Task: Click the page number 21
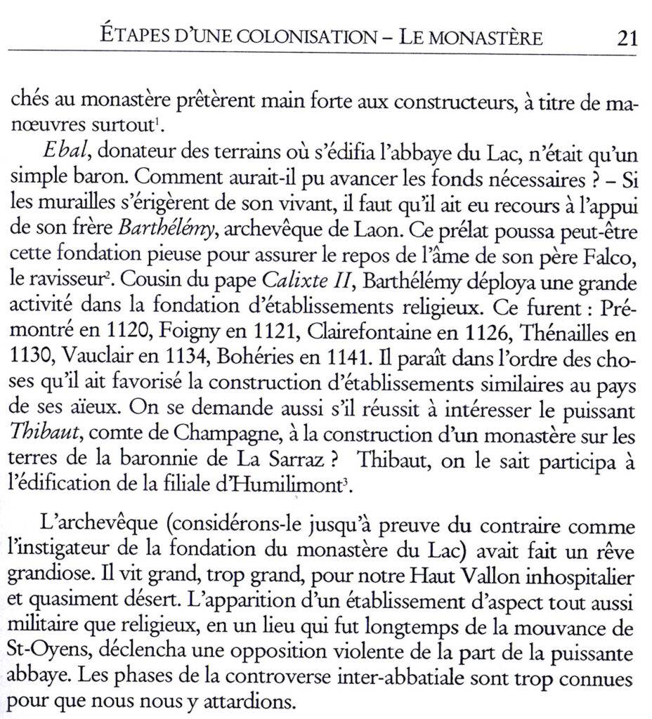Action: coord(626,37)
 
